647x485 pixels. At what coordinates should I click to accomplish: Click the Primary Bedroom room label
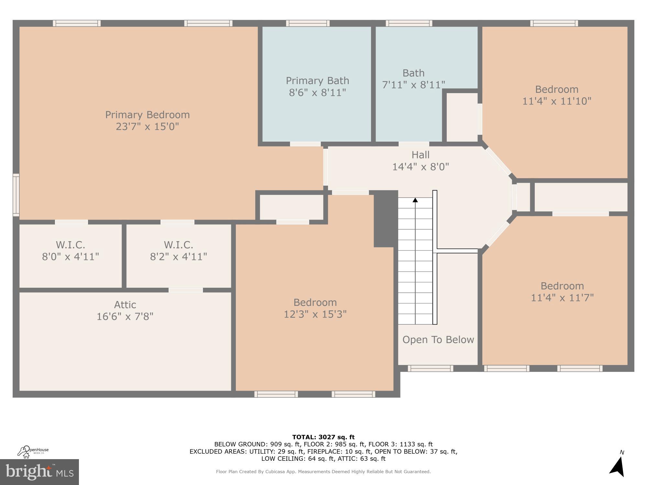(x=147, y=115)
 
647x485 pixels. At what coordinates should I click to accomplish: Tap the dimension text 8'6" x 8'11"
(x=317, y=93)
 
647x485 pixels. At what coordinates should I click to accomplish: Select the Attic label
(x=125, y=305)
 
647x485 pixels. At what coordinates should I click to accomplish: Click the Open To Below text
(x=438, y=339)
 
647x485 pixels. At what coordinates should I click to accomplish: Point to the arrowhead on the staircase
(x=415, y=200)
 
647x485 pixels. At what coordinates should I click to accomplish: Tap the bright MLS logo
(x=39, y=472)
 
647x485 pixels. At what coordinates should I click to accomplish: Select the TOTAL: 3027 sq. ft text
(x=323, y=437)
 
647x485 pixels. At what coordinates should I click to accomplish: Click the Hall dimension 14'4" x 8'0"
(x=421, y=167)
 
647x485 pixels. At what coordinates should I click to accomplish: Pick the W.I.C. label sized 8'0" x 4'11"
(x=70, y=245)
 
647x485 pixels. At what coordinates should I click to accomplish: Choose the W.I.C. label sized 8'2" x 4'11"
(x=178, y=245)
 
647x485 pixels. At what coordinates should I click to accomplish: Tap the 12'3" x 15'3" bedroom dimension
(x=315, y=314)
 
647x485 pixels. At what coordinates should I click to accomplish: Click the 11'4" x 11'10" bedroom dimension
(x=557, y=101)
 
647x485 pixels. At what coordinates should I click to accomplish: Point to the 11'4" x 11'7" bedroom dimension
(x=562, y=298)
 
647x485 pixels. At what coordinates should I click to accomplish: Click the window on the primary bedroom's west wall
(x=16, y=195)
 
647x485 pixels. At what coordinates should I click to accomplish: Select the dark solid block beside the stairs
(x=385, y=219)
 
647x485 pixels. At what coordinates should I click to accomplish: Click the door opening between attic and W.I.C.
(x=186, y=290)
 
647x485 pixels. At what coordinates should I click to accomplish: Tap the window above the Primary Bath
(x=308, y=23)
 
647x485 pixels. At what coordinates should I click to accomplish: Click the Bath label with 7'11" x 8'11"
(x=413, y=73)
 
